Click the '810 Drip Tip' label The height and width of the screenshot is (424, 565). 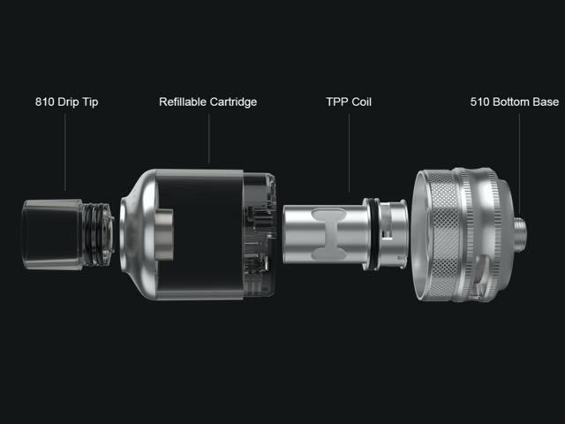click(67, 102)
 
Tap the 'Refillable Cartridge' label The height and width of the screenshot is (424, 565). click(208, 102)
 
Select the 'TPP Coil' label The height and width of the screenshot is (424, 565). click(349, 102)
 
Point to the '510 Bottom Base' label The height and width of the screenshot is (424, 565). click(515, 102)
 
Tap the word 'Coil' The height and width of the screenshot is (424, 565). click(362, 102)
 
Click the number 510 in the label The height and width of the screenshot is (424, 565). click(479, 102)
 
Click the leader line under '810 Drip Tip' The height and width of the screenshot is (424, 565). click(64, 152)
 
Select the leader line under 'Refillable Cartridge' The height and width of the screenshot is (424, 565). click(208, 139)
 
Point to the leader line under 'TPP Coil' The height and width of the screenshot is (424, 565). click(349, 153)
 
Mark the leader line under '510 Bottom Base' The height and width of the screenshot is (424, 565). click(519, 164)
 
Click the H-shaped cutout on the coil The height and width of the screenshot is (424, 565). click(329, 234)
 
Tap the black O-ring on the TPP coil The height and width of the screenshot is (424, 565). click(374, 234)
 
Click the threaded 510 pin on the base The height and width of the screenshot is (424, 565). click(520, 234)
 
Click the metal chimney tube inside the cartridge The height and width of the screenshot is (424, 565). click(164, 234)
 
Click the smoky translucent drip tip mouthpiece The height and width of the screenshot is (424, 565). click(52, 234)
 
